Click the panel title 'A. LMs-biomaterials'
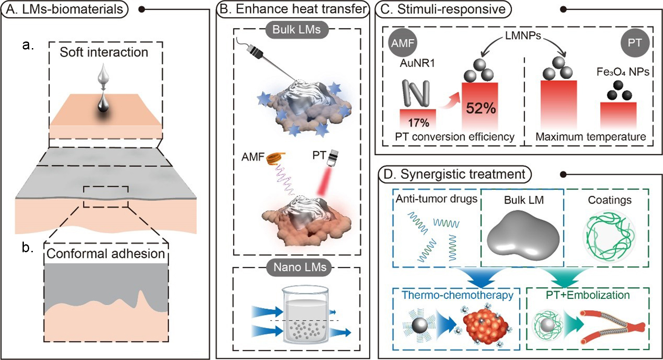pyautogui.click(x=65, y=9)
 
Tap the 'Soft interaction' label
pyautogui.click(x=104, y=52)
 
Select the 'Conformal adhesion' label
pyautogui.click(x=106, y=254)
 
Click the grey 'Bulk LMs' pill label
pyautogui.click(x=297, y=30)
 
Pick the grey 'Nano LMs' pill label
pyautogui.click(x=300, y=267)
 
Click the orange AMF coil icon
pyautogui.click(x=275, y=158)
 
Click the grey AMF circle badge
pyautogui.click(x=402, y=43)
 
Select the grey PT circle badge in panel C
pyautogui.click(x=635, y=43)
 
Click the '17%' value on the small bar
pyautogui.click(x=418, y=122)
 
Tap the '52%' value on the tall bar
pyautogui.click(x=480, y=108)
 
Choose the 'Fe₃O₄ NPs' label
pyautogui.click(x=623, y=72)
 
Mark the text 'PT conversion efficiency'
pyautogui.click(x=454, y=137)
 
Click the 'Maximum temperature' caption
pyautogui.click(x=591, y=137)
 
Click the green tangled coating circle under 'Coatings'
pyautogui.click(x=609, y=234)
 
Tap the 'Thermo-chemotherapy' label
pyautogui.click(x=457, y=295)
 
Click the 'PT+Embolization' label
pyautogui.click(x=587, y=295)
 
